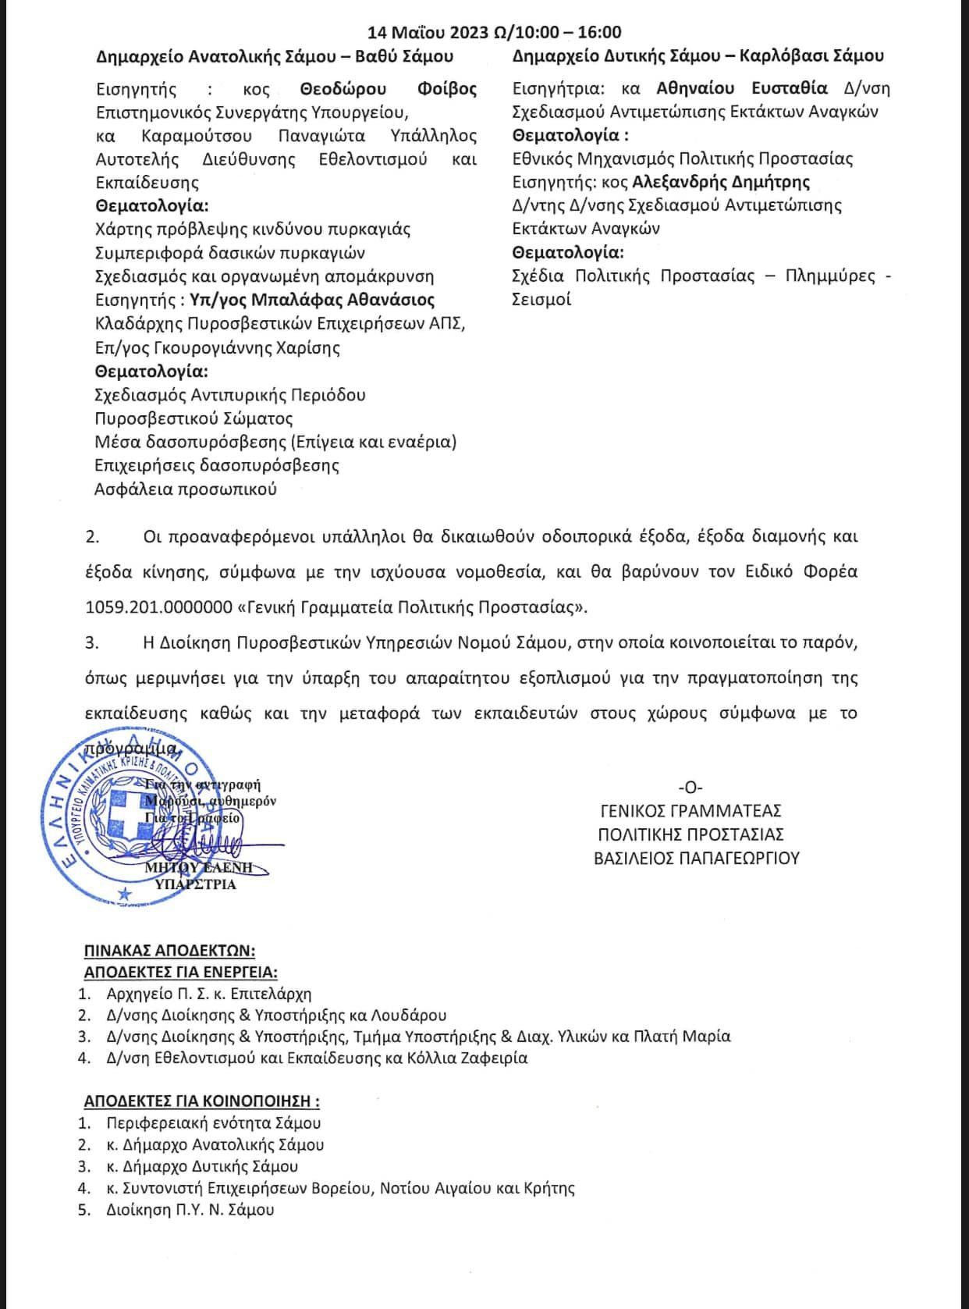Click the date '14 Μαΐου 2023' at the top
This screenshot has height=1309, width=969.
tap(429, 32)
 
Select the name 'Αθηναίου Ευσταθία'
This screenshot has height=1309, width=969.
tap(742, 88)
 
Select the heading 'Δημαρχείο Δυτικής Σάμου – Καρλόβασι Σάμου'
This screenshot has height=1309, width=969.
tap(698, 56)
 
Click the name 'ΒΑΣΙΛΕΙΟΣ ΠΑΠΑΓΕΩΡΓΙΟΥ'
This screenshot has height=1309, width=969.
tap(697, 858)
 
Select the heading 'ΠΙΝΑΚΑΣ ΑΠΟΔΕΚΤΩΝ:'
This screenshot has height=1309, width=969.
tap(169, 951)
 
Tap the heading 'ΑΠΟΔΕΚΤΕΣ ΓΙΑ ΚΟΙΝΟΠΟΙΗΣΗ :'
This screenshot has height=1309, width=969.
tap(201, 1101)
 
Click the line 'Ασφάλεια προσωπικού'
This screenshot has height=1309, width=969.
tap(186, 489)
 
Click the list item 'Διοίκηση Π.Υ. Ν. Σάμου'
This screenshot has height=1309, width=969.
tap(190, 1210)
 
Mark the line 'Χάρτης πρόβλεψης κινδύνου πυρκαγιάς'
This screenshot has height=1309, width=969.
tap(253, 229)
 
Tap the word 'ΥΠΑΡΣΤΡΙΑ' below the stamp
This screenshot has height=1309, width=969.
tap(195, 884)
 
